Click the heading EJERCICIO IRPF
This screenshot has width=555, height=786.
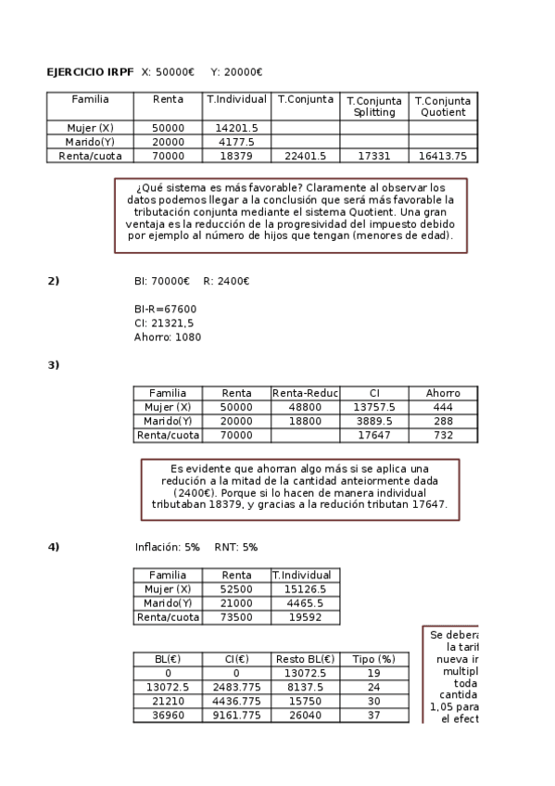[x=90, y=72]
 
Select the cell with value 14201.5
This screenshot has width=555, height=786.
[x=236, y=128]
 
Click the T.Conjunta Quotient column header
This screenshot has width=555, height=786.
[x=442, y=106]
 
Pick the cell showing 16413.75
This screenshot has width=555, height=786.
[x=442, y=156]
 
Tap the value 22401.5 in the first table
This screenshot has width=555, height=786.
[x=306, y=156]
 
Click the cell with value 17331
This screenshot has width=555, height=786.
[x=373, y=156]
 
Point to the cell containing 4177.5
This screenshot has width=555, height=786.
[x=236, y=142]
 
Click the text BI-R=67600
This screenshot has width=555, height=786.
[x=165, y=309]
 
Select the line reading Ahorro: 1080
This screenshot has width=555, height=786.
[x=167, y=337]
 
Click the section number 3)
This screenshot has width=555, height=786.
[x=53, y=364]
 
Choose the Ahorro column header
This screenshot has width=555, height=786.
[x=443, y=393]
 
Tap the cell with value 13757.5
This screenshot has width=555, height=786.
[x=374, y=407]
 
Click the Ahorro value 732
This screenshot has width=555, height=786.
[x=443, y=435]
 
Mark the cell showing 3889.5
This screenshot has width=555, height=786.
[x=374, y=421]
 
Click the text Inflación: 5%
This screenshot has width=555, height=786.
[x=168, y=547]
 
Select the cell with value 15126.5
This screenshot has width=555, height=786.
[x=305, y=589]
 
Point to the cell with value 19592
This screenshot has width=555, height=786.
[x=305, y=617]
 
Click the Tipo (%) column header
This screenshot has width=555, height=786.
[x=374, y=659]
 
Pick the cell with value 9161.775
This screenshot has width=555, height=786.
[x=236, y=716]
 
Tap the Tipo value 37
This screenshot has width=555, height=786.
[x=374, y=716]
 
